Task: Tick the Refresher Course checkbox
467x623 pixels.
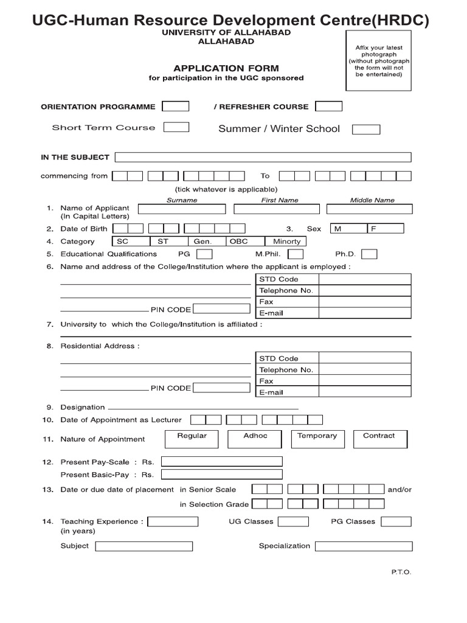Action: pos(329,106)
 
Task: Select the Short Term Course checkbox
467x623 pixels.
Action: pos(176,127)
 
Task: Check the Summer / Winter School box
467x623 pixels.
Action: pos(367,129)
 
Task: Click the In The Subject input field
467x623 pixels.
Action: pos(262,157)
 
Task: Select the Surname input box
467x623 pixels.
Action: pos(181,209)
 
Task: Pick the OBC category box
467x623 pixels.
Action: pos(238,241)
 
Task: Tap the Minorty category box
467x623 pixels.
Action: pos(286,241)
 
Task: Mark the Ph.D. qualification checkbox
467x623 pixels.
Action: pos(369,254)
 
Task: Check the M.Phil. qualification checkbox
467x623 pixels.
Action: pos(296,254)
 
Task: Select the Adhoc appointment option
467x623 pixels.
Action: pos(255,438)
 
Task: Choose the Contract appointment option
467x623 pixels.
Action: pos(379,438)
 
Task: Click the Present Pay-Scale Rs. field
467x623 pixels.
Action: pos(221,462)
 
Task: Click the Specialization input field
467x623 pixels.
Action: pos(363,546)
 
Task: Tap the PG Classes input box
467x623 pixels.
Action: pos(396,521)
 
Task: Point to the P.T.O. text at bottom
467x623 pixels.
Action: pos(401,572)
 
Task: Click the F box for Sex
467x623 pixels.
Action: pos(386,229)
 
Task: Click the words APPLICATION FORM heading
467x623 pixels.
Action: pos(226,68)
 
